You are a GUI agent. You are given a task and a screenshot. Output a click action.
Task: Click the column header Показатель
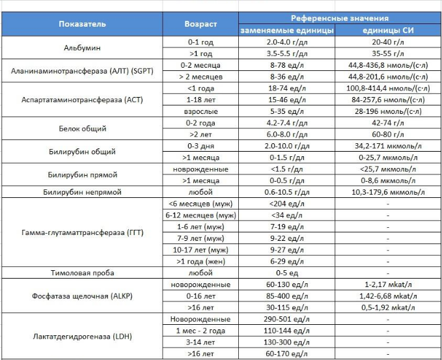coord(82,24)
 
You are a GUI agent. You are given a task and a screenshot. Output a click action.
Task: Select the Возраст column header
coord(200,24)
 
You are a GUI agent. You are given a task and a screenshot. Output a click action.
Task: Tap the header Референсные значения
coord(339,18)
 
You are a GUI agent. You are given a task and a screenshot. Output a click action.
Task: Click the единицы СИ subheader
coord(387,31)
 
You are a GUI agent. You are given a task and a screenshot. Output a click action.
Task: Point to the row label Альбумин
coord(82,48)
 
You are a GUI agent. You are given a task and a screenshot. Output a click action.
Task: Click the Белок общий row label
coord(82,129)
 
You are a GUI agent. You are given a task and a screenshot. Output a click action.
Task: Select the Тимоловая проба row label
coord(82,273)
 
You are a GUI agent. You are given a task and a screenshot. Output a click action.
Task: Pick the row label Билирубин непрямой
coord(82,192)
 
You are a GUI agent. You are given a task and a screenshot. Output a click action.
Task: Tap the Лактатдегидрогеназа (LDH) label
coord(82,337)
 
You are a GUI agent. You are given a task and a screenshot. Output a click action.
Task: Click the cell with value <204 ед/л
coord(287,204)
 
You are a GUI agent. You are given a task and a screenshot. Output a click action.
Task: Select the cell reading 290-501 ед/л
coord(287,319)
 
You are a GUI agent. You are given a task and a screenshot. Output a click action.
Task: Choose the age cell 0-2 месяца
coord(200,66)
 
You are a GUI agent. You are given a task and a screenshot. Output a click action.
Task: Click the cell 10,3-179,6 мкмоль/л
coord(387,192)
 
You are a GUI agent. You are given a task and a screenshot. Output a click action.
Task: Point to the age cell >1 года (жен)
coord(200,261)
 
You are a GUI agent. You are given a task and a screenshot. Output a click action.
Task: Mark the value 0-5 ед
coord(287,273)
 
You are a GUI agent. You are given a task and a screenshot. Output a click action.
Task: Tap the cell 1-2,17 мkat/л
coord(387,285)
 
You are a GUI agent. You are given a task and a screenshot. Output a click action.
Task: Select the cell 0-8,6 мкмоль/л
coord(387,181)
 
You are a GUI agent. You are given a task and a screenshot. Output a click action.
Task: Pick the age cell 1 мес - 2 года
coord(200,331)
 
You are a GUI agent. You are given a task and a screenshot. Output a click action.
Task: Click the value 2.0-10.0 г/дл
coord(287,146)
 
